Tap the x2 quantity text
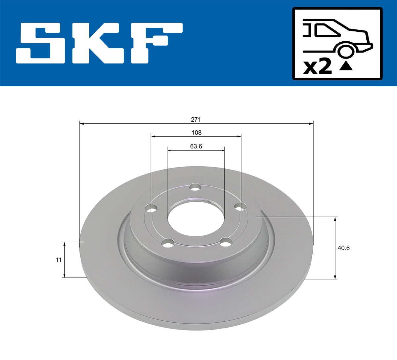pos(318,67)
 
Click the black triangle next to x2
pos(346,66)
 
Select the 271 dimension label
pos(196,120)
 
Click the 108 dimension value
pos(196,133)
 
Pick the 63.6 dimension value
pos(196,146)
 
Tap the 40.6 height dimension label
pos(343,248)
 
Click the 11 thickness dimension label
pos(59,260)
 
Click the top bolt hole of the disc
pos(196,188)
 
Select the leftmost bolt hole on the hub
pos(152,209)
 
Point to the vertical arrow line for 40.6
pos(335,248)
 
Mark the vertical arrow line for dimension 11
pos(65,260)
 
